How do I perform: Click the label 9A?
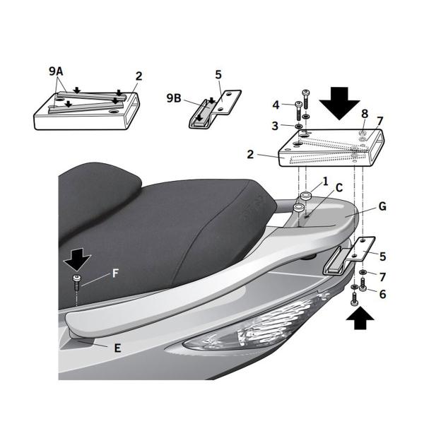click(x=56, y=71)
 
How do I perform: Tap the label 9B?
click(x=175, y=99)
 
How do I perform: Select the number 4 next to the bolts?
click(x=276, y=105)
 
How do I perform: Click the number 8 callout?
click(x=365, y=112)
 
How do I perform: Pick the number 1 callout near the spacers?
click(x=324, y=181)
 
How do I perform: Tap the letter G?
click(x=382, y=207)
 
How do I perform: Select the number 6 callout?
click(x=382, y=293)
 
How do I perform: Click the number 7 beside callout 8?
click(x=380, y=121)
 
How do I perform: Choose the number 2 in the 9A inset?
click(x=139, y=76)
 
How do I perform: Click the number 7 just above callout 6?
click(x=382, y=276)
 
